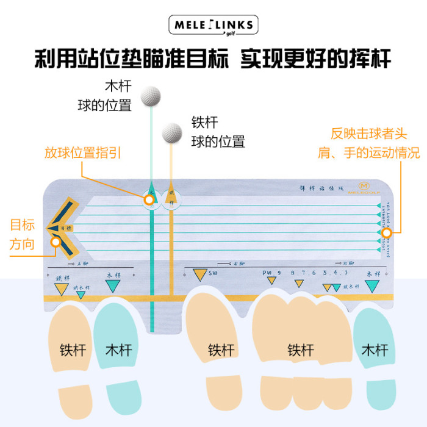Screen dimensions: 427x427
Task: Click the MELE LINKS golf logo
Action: pyautogui.click(x=213, y=26)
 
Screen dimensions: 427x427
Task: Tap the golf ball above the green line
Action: pyautogui.click(x=151, y=96)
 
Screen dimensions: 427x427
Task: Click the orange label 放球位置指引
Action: pyautogui.click(x=82, y=152)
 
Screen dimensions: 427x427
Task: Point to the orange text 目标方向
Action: pyautogui.click(x=22, y=234)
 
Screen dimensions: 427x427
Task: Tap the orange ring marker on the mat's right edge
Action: pyautogui.click(x=386, y=232)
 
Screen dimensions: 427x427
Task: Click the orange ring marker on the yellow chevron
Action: pyautogui.click(x=56, y=242)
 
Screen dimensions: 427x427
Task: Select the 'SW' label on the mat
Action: pyautogui.click(x=213, y=274)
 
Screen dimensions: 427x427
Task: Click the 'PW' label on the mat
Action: pyautogui.click(x=267, y=273)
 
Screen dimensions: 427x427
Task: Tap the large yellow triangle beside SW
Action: pyautogui.click(x=199, y=275)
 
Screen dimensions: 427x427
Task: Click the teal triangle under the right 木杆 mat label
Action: pyautogui.click(x=373, y=287)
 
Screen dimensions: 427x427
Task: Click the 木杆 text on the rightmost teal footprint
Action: pyautogui.click(x=374, y=350)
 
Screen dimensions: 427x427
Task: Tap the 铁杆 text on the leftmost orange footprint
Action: pyautogui.click(x=73, y=350)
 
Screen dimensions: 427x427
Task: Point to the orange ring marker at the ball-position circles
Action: pyautogui.click(x=148, y=198)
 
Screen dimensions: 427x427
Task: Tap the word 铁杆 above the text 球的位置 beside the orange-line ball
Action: pyautogui.click(x=204, y=122)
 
